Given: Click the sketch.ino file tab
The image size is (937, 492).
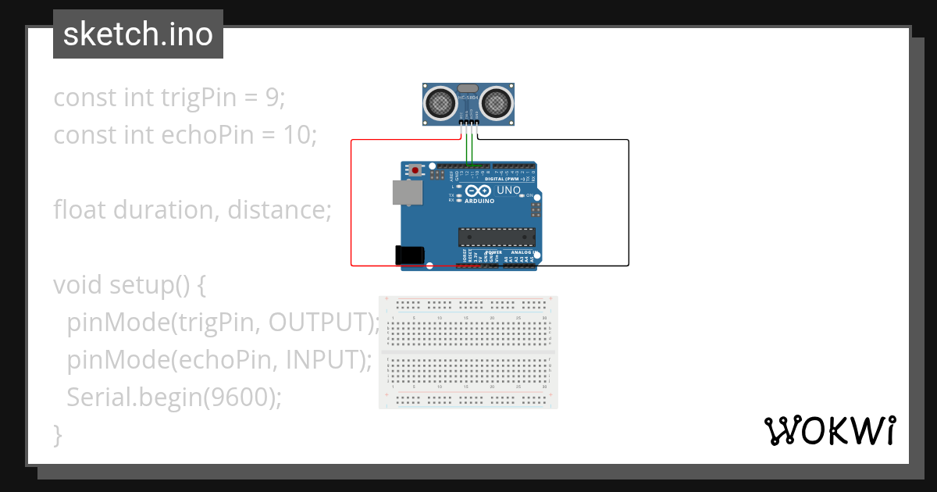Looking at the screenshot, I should [137, 34].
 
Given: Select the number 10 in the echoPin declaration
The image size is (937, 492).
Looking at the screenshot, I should [297, 135].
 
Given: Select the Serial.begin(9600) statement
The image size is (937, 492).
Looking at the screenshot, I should [173, 398].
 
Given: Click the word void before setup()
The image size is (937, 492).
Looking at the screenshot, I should [77, 285].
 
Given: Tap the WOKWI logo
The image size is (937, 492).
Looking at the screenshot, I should [829, 430].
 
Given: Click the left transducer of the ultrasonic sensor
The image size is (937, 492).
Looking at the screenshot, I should [440, 102].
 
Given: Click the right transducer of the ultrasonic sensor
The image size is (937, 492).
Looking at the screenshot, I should [495, 102].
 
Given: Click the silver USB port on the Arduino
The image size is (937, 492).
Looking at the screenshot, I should [408, 194].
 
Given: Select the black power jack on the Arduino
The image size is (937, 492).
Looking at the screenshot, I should [410, 255].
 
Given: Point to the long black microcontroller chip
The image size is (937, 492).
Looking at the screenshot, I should [497, 237].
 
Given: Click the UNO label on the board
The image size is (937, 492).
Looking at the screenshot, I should [508, 191].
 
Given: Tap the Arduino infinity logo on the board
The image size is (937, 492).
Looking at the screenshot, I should [478, 191].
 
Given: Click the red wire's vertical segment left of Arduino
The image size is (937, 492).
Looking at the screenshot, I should [351, 203].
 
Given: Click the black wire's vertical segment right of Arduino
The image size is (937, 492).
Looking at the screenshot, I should [629, 203].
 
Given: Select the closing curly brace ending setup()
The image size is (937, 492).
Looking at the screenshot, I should [58, 435].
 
